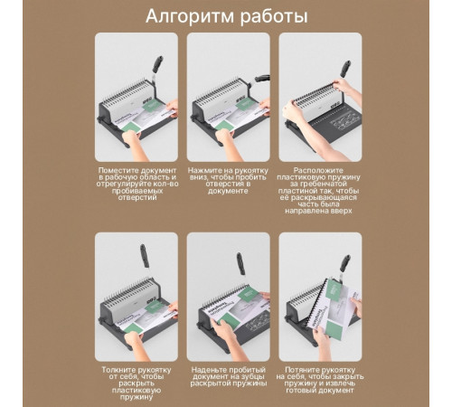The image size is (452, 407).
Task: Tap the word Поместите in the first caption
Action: (x=120, y=169)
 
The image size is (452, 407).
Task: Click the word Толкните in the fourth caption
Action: (x=119, y=369)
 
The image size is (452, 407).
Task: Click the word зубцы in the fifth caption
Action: (x=254, y=376)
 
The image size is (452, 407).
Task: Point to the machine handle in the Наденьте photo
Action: (x=241, y=263)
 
